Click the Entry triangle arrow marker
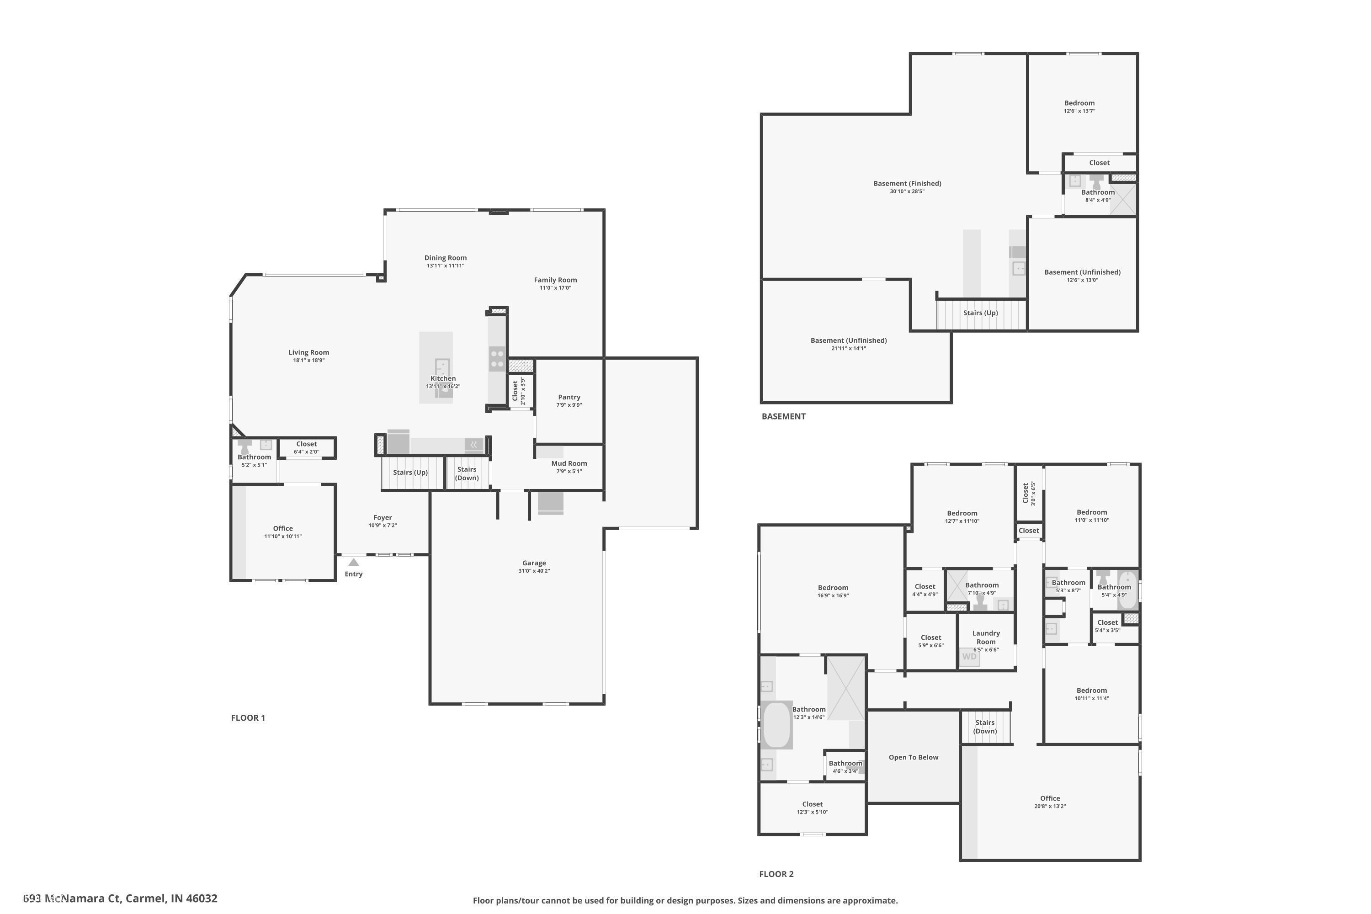353,563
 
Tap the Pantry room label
569,397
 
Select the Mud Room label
569,463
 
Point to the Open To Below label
914,757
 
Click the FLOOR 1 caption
248,717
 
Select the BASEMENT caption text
783,416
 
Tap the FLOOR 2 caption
776,874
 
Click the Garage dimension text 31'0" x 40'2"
534,571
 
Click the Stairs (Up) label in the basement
980,313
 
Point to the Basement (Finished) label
907,183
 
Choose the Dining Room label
445,258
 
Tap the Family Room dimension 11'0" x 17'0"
555,288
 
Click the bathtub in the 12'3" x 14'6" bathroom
776,725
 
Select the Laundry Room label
986,637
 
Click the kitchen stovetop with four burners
497,358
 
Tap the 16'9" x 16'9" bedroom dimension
833,596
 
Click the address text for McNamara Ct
120,898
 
